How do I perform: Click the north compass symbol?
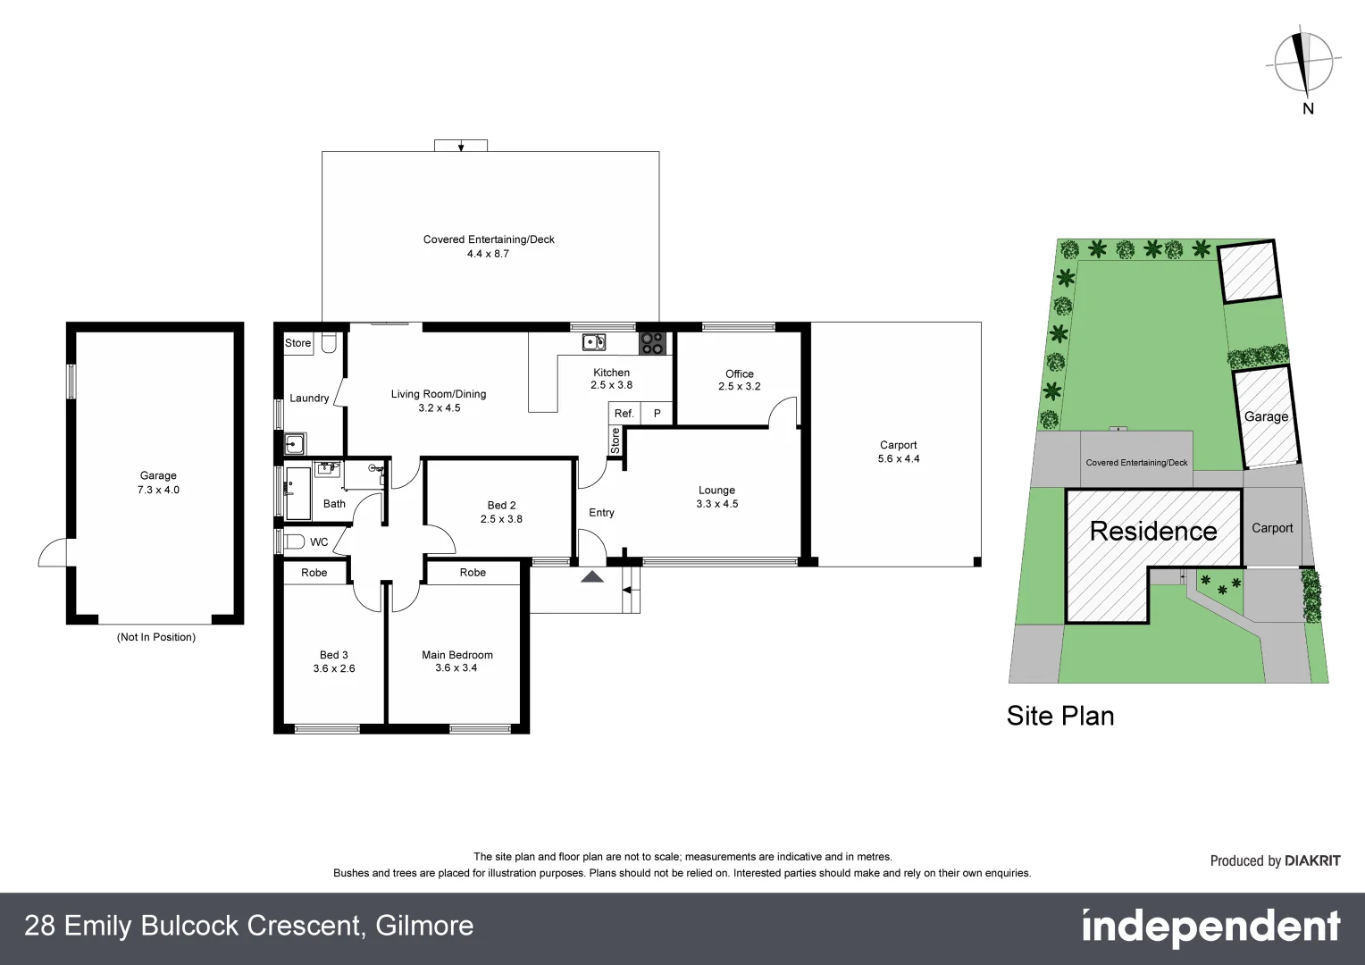pos(1306,63)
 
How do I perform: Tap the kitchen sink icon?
pos(593,342)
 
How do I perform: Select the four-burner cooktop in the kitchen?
pos(651,343)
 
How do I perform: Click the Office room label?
pos(739,380)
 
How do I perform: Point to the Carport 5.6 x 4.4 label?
pos(898,452)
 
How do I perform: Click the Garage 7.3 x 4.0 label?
pos(158,482)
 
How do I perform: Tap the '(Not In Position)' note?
pos(156,637)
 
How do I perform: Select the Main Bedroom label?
pos(456,661)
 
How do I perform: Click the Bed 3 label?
pos(333,661)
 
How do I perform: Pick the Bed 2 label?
pos(501,512)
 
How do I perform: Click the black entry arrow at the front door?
pos(591,577)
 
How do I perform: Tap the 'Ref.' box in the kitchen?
pos(624,414)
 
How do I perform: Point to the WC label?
pos(319,541)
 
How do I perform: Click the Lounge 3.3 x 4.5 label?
pos(716,497)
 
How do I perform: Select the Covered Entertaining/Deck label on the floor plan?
pos(489,246)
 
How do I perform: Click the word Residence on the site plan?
pos(1153,532)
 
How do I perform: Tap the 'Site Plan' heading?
pos(1060,716)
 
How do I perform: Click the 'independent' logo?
pos(1210,927)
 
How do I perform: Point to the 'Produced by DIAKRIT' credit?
pos(1275,861)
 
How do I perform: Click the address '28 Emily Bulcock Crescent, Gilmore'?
pos(249,926)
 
